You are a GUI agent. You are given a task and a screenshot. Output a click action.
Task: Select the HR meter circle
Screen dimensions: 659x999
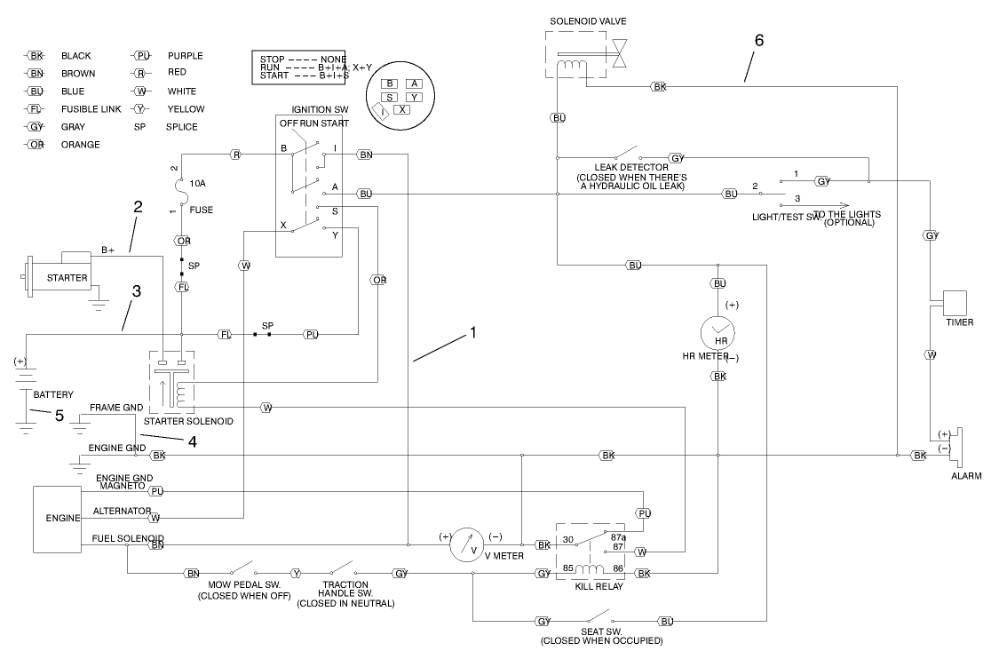click(x=720, y=334)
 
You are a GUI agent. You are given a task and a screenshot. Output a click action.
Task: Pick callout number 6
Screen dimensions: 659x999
click(x=758, y=40)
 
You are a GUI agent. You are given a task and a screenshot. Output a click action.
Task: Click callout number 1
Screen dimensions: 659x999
click(x=473, y=333)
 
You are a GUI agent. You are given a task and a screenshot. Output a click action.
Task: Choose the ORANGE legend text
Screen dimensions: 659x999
click(x=81, y=145)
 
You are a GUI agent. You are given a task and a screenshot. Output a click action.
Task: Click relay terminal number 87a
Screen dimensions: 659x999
click(x=618, y=536)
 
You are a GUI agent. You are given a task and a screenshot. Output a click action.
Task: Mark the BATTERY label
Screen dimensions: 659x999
click(x=53, y=394)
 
